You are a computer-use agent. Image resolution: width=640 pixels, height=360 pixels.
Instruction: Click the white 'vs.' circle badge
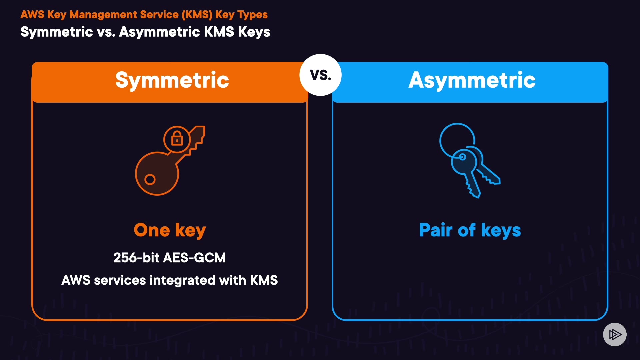[x=320, y=75]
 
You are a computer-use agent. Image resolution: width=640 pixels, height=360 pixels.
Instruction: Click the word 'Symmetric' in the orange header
[x=172, y=80]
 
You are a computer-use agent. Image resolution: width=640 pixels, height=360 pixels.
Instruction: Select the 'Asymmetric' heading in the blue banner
[x=472, y=80]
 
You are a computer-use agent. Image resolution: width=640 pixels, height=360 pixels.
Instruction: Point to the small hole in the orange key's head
[x=150, y=179]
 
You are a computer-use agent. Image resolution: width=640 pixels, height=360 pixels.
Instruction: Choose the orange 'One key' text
[x=170, y=230]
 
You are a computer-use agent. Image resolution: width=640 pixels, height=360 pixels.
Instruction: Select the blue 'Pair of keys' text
[x=470, y=230]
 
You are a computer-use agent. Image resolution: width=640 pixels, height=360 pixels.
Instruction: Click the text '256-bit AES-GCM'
[x=169, y=258]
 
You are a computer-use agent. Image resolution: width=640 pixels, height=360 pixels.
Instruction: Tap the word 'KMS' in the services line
[x=264, y=280]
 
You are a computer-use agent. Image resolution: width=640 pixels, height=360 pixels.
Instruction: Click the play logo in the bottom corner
[x=615, y=334]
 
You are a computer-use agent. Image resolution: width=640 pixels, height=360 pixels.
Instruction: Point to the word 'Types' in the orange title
[x=253, y=15]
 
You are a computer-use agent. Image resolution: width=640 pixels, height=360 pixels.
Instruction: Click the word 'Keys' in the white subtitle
[x=254, y=32]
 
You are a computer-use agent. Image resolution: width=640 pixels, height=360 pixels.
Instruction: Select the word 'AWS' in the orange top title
[x=32, y=15]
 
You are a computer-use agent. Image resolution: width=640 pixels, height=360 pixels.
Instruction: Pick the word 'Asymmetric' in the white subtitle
[x=159, y=32]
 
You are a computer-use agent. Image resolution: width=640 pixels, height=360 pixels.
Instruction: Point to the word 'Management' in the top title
[x=103, y=15]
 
